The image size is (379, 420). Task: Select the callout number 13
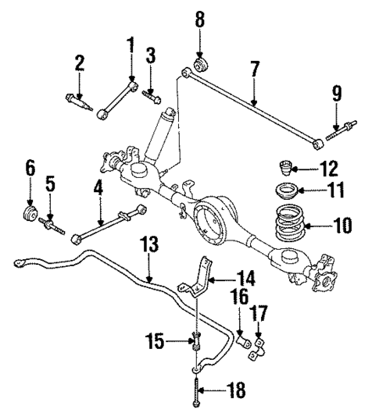coord(148,246)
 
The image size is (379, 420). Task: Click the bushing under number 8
coord(201,62)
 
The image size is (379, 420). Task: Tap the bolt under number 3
coord(152,97)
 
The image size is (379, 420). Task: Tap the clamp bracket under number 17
coord(256,349)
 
